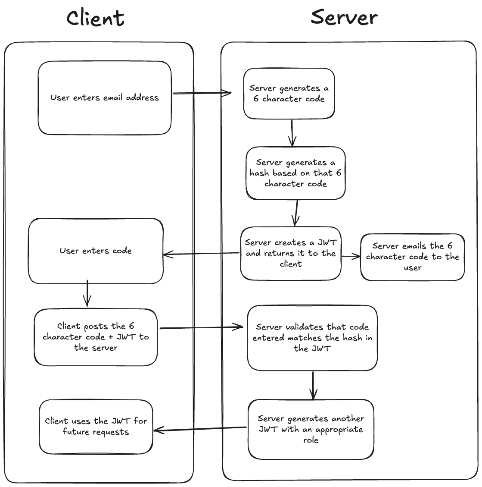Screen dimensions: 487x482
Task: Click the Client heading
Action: pos(95,19)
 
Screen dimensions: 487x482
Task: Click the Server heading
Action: pos(344,18)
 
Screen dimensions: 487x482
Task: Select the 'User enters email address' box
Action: pos(104,98)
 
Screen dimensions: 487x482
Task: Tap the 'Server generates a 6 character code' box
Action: pos(289,94)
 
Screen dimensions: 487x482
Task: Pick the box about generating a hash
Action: pos(295,173)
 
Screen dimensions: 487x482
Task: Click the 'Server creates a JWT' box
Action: pos(290,254)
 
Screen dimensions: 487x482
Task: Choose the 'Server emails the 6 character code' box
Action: pos(412,257)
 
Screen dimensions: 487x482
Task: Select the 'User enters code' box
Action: pos(96,251)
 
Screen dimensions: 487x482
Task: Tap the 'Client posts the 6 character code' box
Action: pos(96,337)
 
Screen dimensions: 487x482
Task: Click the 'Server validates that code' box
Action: pos(312,338)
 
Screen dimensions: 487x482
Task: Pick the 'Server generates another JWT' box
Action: pos(311,429)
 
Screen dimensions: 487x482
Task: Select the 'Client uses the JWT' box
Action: pos(96,427)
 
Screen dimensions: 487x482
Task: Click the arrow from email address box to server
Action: pos(202,93)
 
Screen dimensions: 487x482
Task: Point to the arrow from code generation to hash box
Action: pos(292,132)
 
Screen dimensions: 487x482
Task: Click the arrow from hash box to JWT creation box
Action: pos(295,213)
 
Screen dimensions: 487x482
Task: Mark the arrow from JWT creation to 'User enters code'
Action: pos(202,254)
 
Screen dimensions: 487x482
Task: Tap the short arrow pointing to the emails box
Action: pos(351,256)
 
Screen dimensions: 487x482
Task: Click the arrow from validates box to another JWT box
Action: pos(313,385)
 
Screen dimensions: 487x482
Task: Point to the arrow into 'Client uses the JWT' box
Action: pos(200,429)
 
